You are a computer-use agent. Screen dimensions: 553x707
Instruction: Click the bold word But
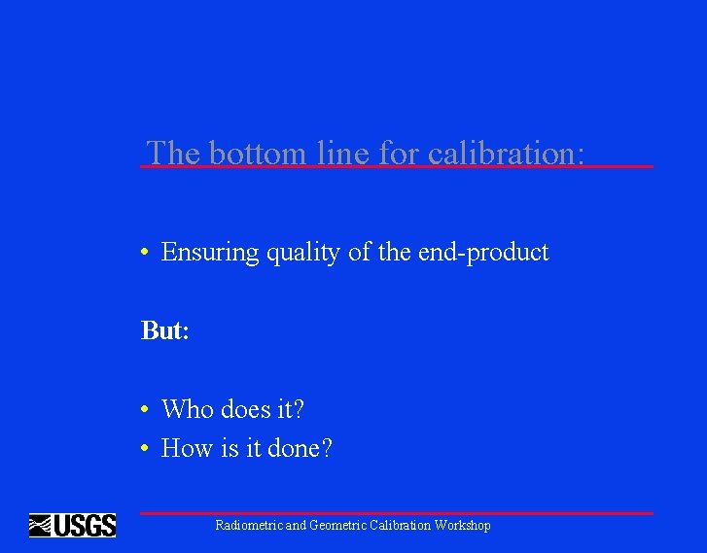[164, 330]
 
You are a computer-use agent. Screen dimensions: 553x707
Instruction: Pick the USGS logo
[73, 526]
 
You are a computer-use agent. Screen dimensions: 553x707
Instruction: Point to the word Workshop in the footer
[463, 526]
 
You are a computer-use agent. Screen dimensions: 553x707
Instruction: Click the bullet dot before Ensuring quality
[143, 254]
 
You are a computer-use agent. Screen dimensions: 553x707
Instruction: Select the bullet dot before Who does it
[143, 410]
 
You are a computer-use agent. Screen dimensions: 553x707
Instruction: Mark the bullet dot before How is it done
[143, 449]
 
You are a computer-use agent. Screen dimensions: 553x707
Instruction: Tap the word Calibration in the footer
[401, 526]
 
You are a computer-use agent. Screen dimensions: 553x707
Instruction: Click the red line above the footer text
[396, 513]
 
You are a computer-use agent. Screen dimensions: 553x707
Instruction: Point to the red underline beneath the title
[396, 167]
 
